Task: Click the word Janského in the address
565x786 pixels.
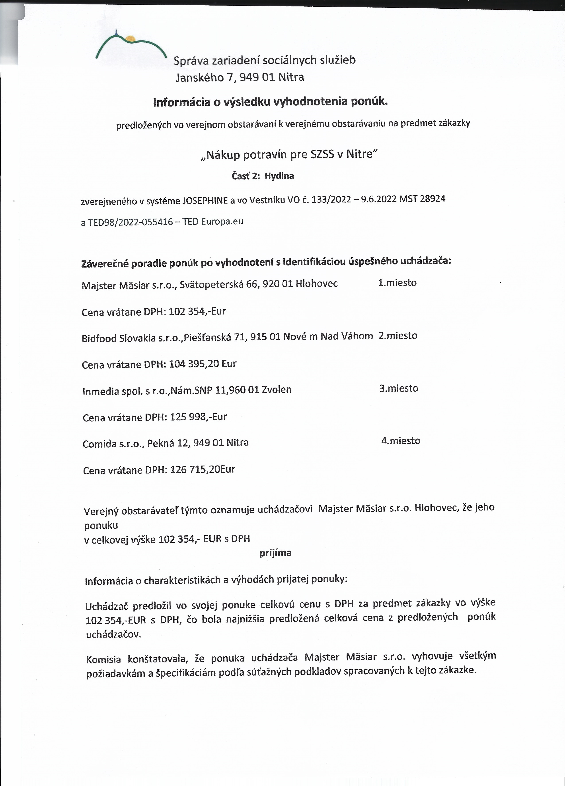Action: coord(200,77)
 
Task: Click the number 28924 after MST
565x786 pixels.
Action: coord(432,199)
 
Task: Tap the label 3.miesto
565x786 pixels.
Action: coord(399,388)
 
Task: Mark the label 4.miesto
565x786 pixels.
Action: coord(401,441)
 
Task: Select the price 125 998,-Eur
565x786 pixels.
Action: coord(198,417)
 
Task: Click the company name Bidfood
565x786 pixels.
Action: coord(99,338)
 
